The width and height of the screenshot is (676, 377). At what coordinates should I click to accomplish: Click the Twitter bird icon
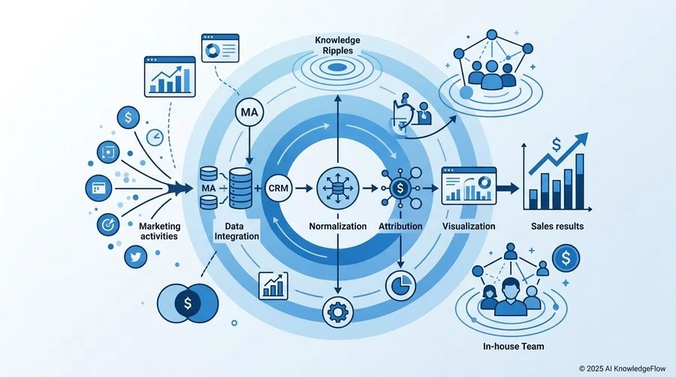[136, 258]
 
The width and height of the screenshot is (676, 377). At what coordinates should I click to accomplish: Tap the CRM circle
[279, 188]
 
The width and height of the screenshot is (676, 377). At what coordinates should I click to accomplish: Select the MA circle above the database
[249, 113]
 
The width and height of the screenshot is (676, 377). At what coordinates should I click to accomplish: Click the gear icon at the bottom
[337, 312]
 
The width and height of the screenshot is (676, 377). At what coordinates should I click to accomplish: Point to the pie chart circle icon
[400, 285]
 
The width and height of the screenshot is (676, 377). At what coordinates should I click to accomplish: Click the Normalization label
[337, 226]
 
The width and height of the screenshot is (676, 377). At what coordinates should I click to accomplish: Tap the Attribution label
[400, 226]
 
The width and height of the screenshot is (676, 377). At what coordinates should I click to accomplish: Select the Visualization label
[469, 226]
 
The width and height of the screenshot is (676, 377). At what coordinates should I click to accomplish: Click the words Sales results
[557, 226]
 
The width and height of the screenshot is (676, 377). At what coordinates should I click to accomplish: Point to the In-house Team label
[514, 346]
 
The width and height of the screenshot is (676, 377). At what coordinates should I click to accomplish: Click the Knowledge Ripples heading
[337, 45]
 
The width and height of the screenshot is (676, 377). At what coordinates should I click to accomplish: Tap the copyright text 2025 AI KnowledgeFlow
[622, 369]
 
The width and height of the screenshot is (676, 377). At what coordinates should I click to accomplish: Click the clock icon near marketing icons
[154, 138]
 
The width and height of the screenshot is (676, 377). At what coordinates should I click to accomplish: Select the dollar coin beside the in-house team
[566, 258]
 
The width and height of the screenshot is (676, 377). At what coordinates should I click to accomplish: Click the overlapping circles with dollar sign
[188, 303]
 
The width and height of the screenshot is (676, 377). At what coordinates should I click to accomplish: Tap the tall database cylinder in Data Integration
[240, 188]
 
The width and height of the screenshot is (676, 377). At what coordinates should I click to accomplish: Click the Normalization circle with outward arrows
[337, 188]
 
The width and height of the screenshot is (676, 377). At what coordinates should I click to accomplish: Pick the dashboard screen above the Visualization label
[469, 185]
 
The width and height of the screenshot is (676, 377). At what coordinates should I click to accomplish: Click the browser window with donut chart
[220, 48]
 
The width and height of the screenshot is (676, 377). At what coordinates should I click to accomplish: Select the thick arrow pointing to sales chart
[508, 188]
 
